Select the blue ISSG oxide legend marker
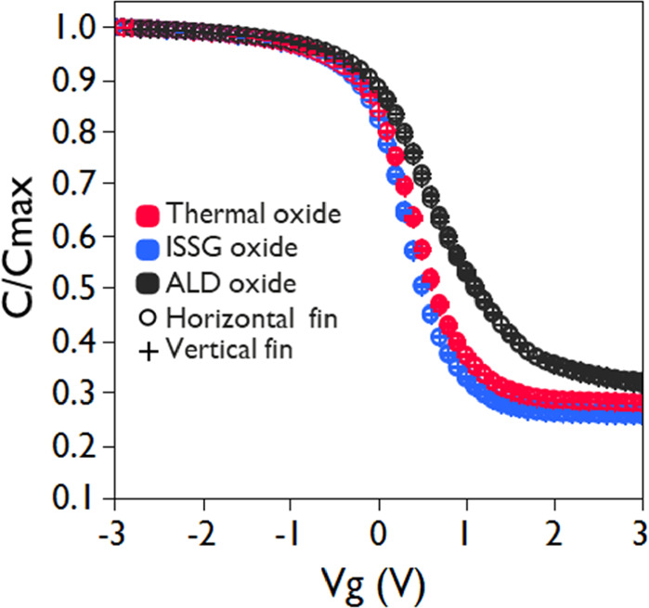click(x=149, y=249)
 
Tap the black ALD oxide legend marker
click(x=149, y=282)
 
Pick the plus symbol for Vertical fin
click(x=149, y=351)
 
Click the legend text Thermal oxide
click(x=253, y=214)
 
